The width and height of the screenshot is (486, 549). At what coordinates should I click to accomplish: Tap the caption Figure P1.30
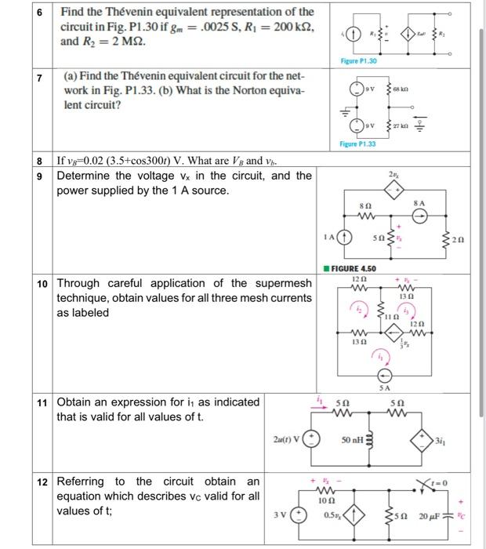[359, 61]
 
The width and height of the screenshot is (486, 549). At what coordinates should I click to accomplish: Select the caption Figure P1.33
[358, 144]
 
